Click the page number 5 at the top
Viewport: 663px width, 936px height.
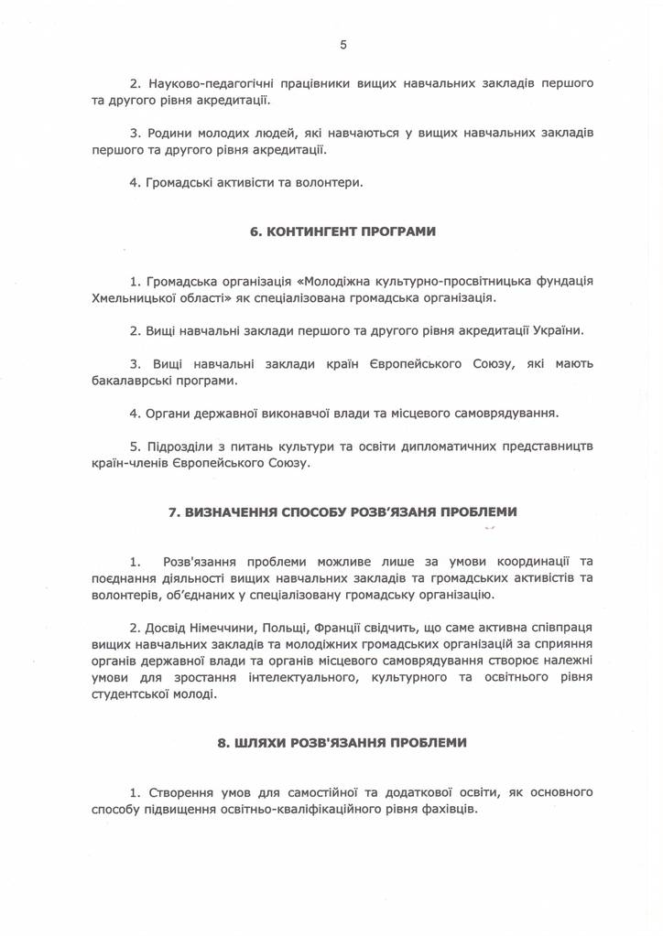pyautogui.click(x=342, y=44)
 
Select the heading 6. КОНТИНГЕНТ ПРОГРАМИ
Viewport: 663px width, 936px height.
pyautogui.click(x=342, y=232)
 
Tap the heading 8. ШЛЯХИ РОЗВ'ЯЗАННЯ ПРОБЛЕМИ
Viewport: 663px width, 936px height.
pyautogui.click(x=342, y=743)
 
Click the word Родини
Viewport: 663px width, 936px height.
pyautogui.click(x=169, y=134)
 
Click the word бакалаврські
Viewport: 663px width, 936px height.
pyautogui.click(x=131, y=380)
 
